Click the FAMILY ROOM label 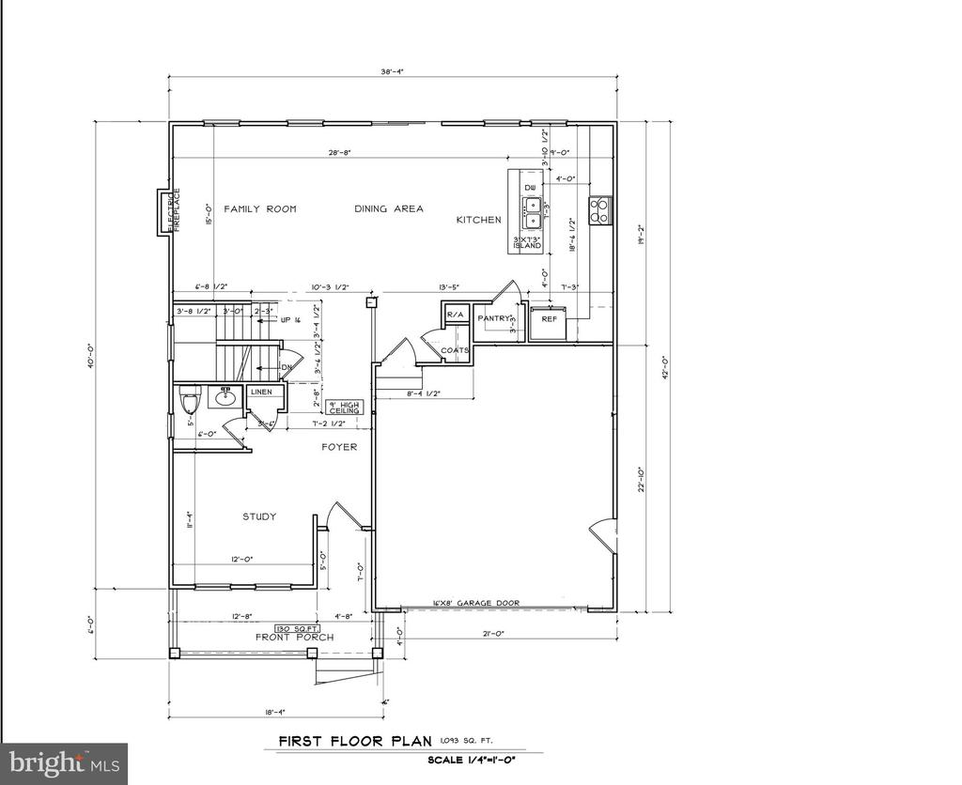click(259, 208)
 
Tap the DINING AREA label click(388, 208)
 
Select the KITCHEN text click(478, 220)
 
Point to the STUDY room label click(259, 516)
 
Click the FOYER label click(338, 447)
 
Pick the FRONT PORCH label click(296, 638)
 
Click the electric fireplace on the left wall click(163, 211)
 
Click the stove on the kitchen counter click(599, 210)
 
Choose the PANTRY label click(493, 318)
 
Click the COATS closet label click(456, 350)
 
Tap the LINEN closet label click(261, 392)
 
